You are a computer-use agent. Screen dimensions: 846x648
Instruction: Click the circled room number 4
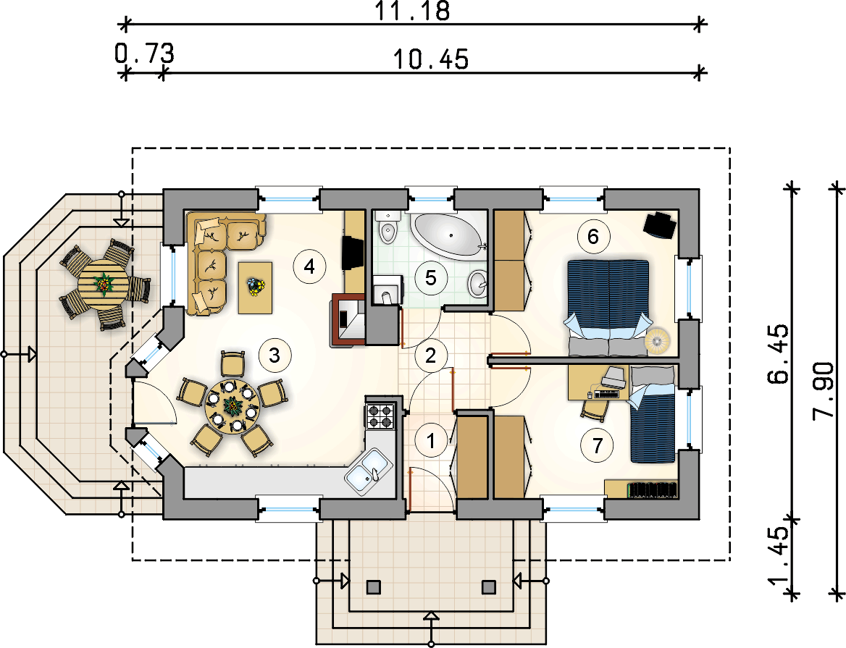[x=310, y=266]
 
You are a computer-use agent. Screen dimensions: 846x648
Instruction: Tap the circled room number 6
[x=593, y=236]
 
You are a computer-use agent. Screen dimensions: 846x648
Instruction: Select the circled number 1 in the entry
[x=430, y=441]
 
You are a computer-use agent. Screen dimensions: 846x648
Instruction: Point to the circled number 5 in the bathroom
[x=430, y=277]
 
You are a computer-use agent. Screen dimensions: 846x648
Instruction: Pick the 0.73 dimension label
[x=145, y=54]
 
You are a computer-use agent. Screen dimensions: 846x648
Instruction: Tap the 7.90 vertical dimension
[x=824, y=390]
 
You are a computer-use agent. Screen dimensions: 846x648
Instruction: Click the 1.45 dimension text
[x=778, y=556]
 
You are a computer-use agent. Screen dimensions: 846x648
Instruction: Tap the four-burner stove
[x=380, y=415]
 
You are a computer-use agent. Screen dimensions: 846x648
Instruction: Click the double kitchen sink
[x=368, y=470]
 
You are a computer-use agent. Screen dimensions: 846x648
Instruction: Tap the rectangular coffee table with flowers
[x=255, y=287]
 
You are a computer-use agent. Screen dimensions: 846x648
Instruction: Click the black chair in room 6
[x=661, y=224]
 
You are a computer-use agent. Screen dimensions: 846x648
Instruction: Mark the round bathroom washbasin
[x=478, y=283]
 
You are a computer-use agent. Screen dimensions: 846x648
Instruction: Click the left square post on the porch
[x=373, y=587]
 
